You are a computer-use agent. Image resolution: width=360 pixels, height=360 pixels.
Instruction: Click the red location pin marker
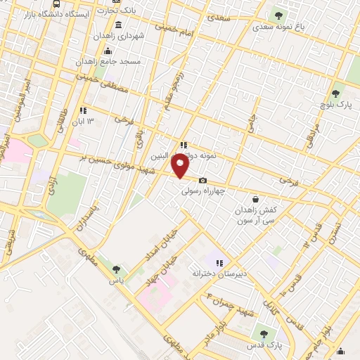pos(181,167)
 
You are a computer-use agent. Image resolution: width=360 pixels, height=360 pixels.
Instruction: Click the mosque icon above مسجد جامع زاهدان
pos(108,51)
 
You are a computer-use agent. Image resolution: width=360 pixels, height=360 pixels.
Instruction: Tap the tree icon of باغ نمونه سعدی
pos(278,15)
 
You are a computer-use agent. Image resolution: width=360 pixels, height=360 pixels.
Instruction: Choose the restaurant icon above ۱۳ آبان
pos(83,110)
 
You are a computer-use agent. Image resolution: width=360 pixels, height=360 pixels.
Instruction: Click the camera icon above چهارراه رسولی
pos(202,181)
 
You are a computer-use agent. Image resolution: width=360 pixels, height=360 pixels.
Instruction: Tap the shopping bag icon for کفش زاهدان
pos(255,199)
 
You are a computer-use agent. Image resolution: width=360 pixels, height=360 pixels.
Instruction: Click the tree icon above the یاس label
pos(116,269)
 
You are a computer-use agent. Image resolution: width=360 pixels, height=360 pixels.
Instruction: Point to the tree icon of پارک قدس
pos(264,334)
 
